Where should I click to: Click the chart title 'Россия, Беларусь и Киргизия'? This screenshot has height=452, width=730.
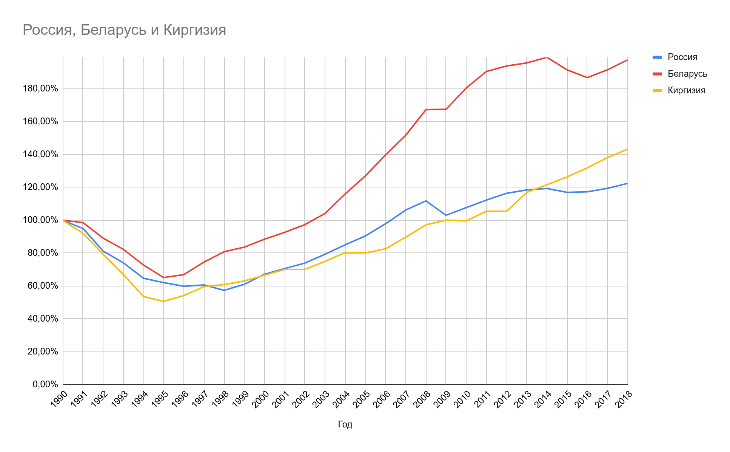click(124, 30)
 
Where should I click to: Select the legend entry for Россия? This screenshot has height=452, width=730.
click(682, 57)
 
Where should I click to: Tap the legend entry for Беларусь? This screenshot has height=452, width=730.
click(687, 74)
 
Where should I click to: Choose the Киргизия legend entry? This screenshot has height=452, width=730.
click(686, 90)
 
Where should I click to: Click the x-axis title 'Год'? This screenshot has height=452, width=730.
click(345, 424)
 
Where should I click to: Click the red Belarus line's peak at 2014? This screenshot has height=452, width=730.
click(547, 57)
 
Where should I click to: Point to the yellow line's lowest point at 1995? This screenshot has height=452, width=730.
click(163, 301)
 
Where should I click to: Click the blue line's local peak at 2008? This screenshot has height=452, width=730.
click(426, 201)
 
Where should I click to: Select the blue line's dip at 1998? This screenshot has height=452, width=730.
click(224, 290)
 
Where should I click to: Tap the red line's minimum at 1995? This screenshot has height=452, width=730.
click(163, 277)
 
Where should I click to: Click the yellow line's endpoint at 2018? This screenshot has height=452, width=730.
click(627, 149)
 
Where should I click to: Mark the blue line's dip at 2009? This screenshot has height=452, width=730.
click(446, 215)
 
